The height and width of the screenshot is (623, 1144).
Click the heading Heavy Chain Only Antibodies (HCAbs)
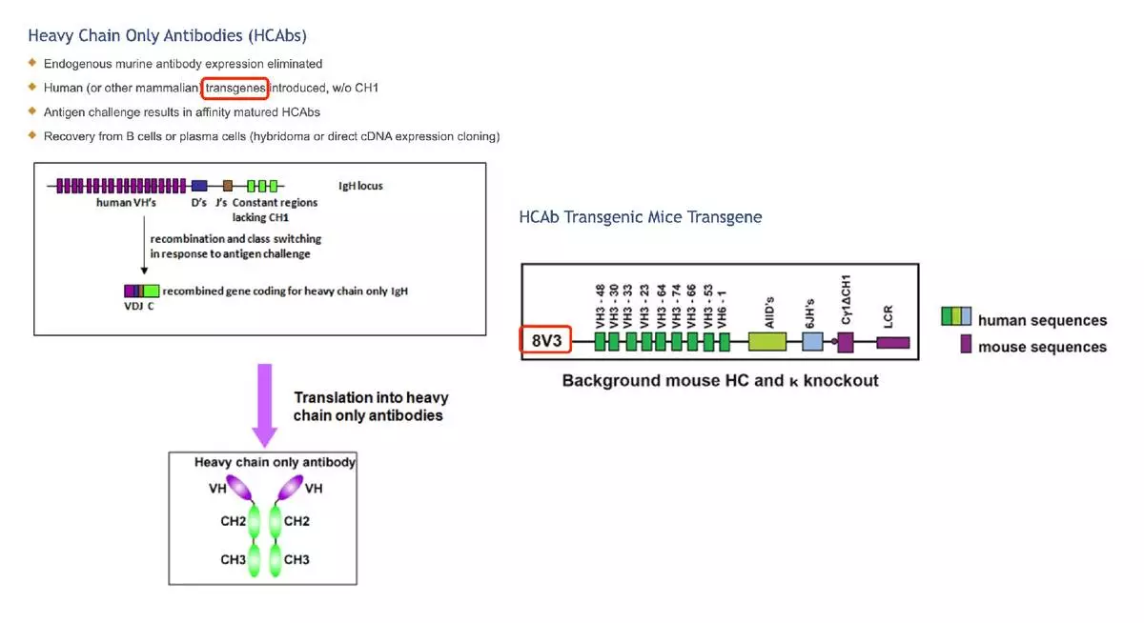tap(167, 36)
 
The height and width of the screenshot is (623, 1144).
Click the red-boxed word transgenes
tap(235, 89)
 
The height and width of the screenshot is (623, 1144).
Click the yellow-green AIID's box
tap(766, 340)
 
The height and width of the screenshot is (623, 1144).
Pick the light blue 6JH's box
tap(812, 340)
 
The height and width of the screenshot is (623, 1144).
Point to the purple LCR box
tap(893, 342)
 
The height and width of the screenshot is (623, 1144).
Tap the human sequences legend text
tap(1042, 321)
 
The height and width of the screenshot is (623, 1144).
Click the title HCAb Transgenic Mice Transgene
tap(641, 217)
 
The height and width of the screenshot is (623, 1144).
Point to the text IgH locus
tap(360, 186)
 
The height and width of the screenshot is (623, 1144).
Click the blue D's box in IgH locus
tap(199, 185)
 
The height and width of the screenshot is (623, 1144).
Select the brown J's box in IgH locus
tap(228, 185)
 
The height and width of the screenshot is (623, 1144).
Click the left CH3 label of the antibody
tap(234, 559)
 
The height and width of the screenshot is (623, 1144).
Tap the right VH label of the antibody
tap(313, 489)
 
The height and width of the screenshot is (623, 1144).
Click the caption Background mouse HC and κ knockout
tap(720, 381)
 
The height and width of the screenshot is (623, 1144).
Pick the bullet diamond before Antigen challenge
tap(32, 111)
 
